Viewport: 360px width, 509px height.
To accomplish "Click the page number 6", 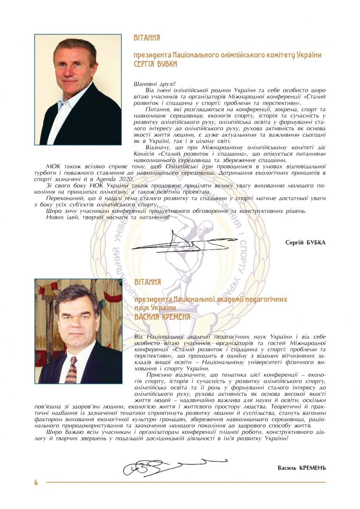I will point(36,482).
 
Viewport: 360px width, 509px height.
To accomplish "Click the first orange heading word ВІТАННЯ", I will point(147,38).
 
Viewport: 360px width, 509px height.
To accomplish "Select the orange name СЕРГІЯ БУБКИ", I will point(155,64).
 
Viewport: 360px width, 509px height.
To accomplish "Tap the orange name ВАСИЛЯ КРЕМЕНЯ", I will point(162,317).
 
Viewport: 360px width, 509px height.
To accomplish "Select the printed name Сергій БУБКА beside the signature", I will point(305,242).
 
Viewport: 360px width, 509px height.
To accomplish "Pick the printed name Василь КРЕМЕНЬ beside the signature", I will point(301,467).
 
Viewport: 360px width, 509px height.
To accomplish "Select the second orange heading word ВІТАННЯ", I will point(147,282).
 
